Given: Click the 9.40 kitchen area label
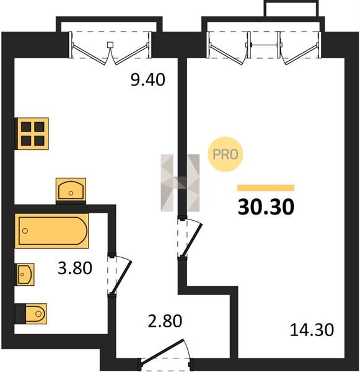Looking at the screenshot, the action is pos(147,80).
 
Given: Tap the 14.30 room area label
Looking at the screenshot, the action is pos(312,330).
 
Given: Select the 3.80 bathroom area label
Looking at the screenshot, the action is pos(75,268).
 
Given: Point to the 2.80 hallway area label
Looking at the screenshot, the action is pos(165,321).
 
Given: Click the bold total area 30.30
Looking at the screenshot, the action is pos(266,206).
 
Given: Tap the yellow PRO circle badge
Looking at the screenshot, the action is pos(226,154).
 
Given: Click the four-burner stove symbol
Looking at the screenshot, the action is pos(32,134).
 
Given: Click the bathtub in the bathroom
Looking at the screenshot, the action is pos(51,231).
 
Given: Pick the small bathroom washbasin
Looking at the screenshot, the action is pos(25,274).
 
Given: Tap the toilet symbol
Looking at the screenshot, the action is pos(31,314).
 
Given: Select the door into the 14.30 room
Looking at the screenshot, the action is pos(190,238).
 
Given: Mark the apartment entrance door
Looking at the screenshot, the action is pos(165,353).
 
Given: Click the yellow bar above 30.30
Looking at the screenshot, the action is pos(266,188).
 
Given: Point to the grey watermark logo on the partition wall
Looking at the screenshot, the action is pos(180,183).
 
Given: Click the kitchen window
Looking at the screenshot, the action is pos(110,45).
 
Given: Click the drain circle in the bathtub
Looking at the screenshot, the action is pos(25,231).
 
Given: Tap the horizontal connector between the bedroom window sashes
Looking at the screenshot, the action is pos(264,45).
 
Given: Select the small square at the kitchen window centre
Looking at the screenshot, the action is pos(110,45).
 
